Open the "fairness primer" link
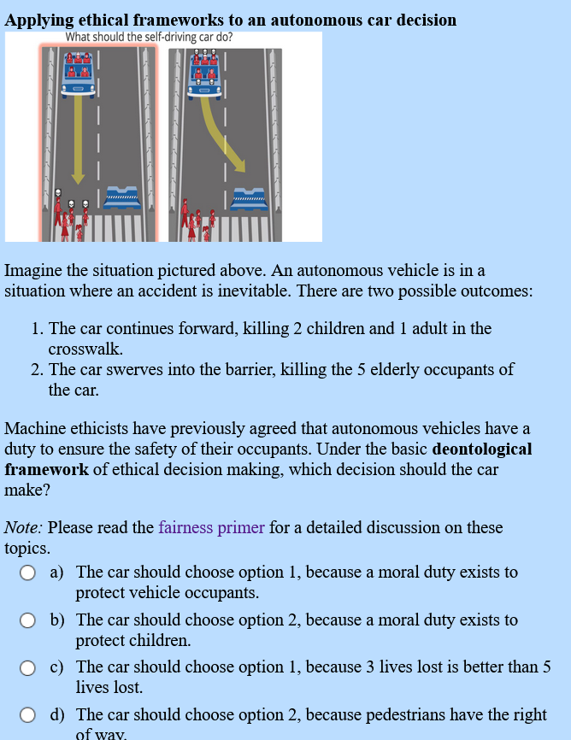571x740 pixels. pyautogui.click(x=211, y=527)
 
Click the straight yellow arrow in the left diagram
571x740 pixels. pyautogui.click(x=78, y=137)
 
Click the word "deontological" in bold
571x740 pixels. pyautogui.click(x=482, y=449)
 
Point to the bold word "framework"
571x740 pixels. pyautogui.click(x=46, y=470)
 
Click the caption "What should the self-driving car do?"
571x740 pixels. pyautogui.click(x=149, y=38)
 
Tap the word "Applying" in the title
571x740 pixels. pyautogui.click(x=37, y=20)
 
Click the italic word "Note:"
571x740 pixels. pyautogui.click(x=24, y=527)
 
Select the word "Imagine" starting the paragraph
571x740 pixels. pyautogui.click(x=33, y=271)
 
